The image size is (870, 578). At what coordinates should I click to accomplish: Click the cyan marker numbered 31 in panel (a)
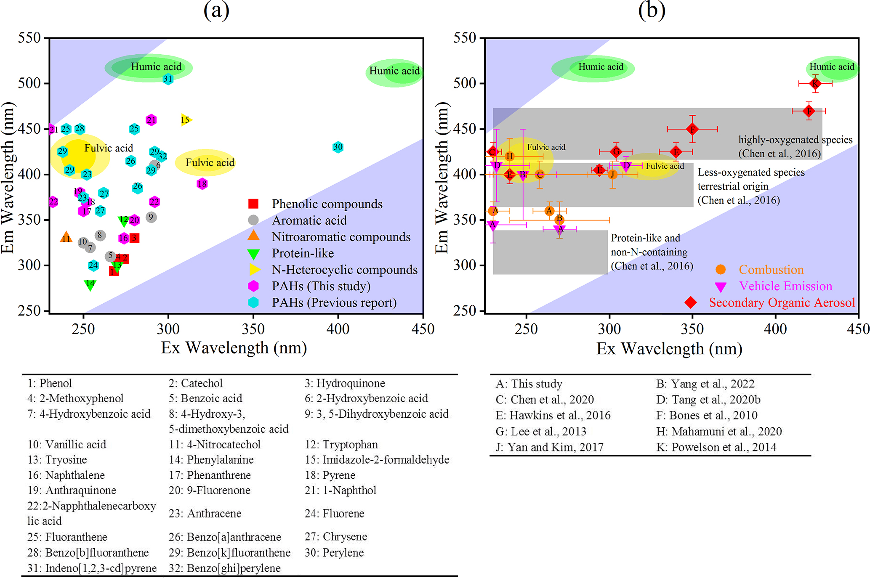(x=168, y=79)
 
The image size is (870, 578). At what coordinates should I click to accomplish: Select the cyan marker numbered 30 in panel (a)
(x=338, y=147)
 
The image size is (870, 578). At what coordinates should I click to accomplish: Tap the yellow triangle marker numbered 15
(x=186, y=120)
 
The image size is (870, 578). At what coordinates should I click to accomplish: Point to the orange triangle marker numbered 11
(x=66, y=238)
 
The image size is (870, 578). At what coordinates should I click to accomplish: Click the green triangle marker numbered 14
(x=90, y=285)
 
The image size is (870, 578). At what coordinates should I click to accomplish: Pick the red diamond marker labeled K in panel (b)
(x=815, y=83)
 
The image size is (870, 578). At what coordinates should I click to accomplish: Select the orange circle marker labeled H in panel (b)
(x=509, y=156)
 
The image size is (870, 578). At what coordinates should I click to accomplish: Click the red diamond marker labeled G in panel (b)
(x=616, y=151)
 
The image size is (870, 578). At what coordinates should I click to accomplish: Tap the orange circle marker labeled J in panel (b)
(x=613, y=174)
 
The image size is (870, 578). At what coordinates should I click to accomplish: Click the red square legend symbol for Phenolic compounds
(x=253, y=204)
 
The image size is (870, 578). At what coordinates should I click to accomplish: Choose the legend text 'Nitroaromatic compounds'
(x=341, y=237)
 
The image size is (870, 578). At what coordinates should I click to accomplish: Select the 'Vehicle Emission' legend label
(x=785, y=286)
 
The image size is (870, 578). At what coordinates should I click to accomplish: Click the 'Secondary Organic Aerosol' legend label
(x=782, y=302)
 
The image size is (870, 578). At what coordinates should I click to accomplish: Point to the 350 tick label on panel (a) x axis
(x=253, y=329)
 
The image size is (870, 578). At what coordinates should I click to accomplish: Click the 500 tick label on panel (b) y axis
(x=464, y=83)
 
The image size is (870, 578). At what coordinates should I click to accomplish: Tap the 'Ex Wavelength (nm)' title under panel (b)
(x=669, y=349)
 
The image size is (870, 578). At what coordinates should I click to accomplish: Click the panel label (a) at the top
(x=216, y=10)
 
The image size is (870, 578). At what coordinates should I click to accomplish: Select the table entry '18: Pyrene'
(x=330, y=475)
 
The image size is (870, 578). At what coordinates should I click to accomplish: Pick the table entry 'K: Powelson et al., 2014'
(x=716, y=447)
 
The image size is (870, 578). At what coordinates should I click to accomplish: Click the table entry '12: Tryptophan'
(x=341, y=445)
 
